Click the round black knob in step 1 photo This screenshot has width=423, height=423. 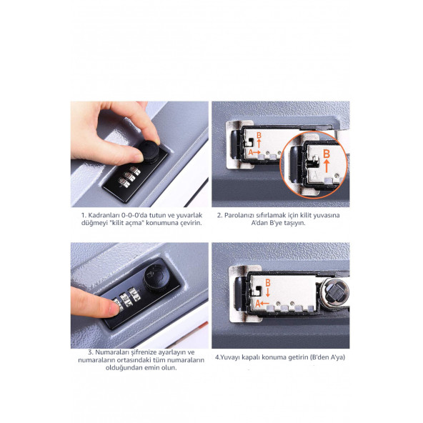tap(149, 152)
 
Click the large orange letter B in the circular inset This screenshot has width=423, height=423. tap(327, 154)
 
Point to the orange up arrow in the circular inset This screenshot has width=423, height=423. tap(327, 166)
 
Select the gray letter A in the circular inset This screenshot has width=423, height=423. tap(315, 175)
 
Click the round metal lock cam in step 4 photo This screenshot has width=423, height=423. tap(335, 292)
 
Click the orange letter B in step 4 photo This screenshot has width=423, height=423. tap(268, 283)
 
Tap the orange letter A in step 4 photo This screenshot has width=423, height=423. tap(258, 304)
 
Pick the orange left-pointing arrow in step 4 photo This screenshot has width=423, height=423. tap(265, 303)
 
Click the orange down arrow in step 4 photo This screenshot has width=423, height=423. tap(268, 292)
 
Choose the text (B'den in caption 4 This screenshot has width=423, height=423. tap(319, 357)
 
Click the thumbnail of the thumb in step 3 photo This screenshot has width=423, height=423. tap(114, 309)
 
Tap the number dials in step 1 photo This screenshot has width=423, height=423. tap(129, 176)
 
